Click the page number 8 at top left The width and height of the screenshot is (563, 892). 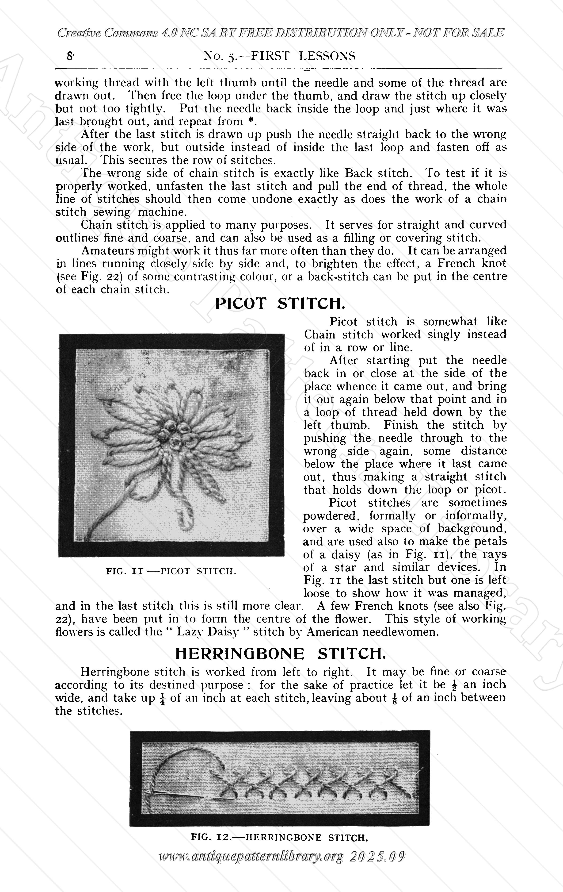[x=69, y=56]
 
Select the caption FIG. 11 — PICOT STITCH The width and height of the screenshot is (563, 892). [x=171, y=571]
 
